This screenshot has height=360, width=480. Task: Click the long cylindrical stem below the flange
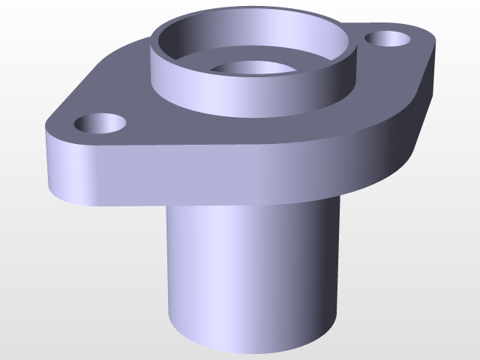coord(247,277)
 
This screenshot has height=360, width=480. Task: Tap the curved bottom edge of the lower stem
coord(247,351)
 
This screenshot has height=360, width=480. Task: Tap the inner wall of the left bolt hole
coord(98,118)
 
